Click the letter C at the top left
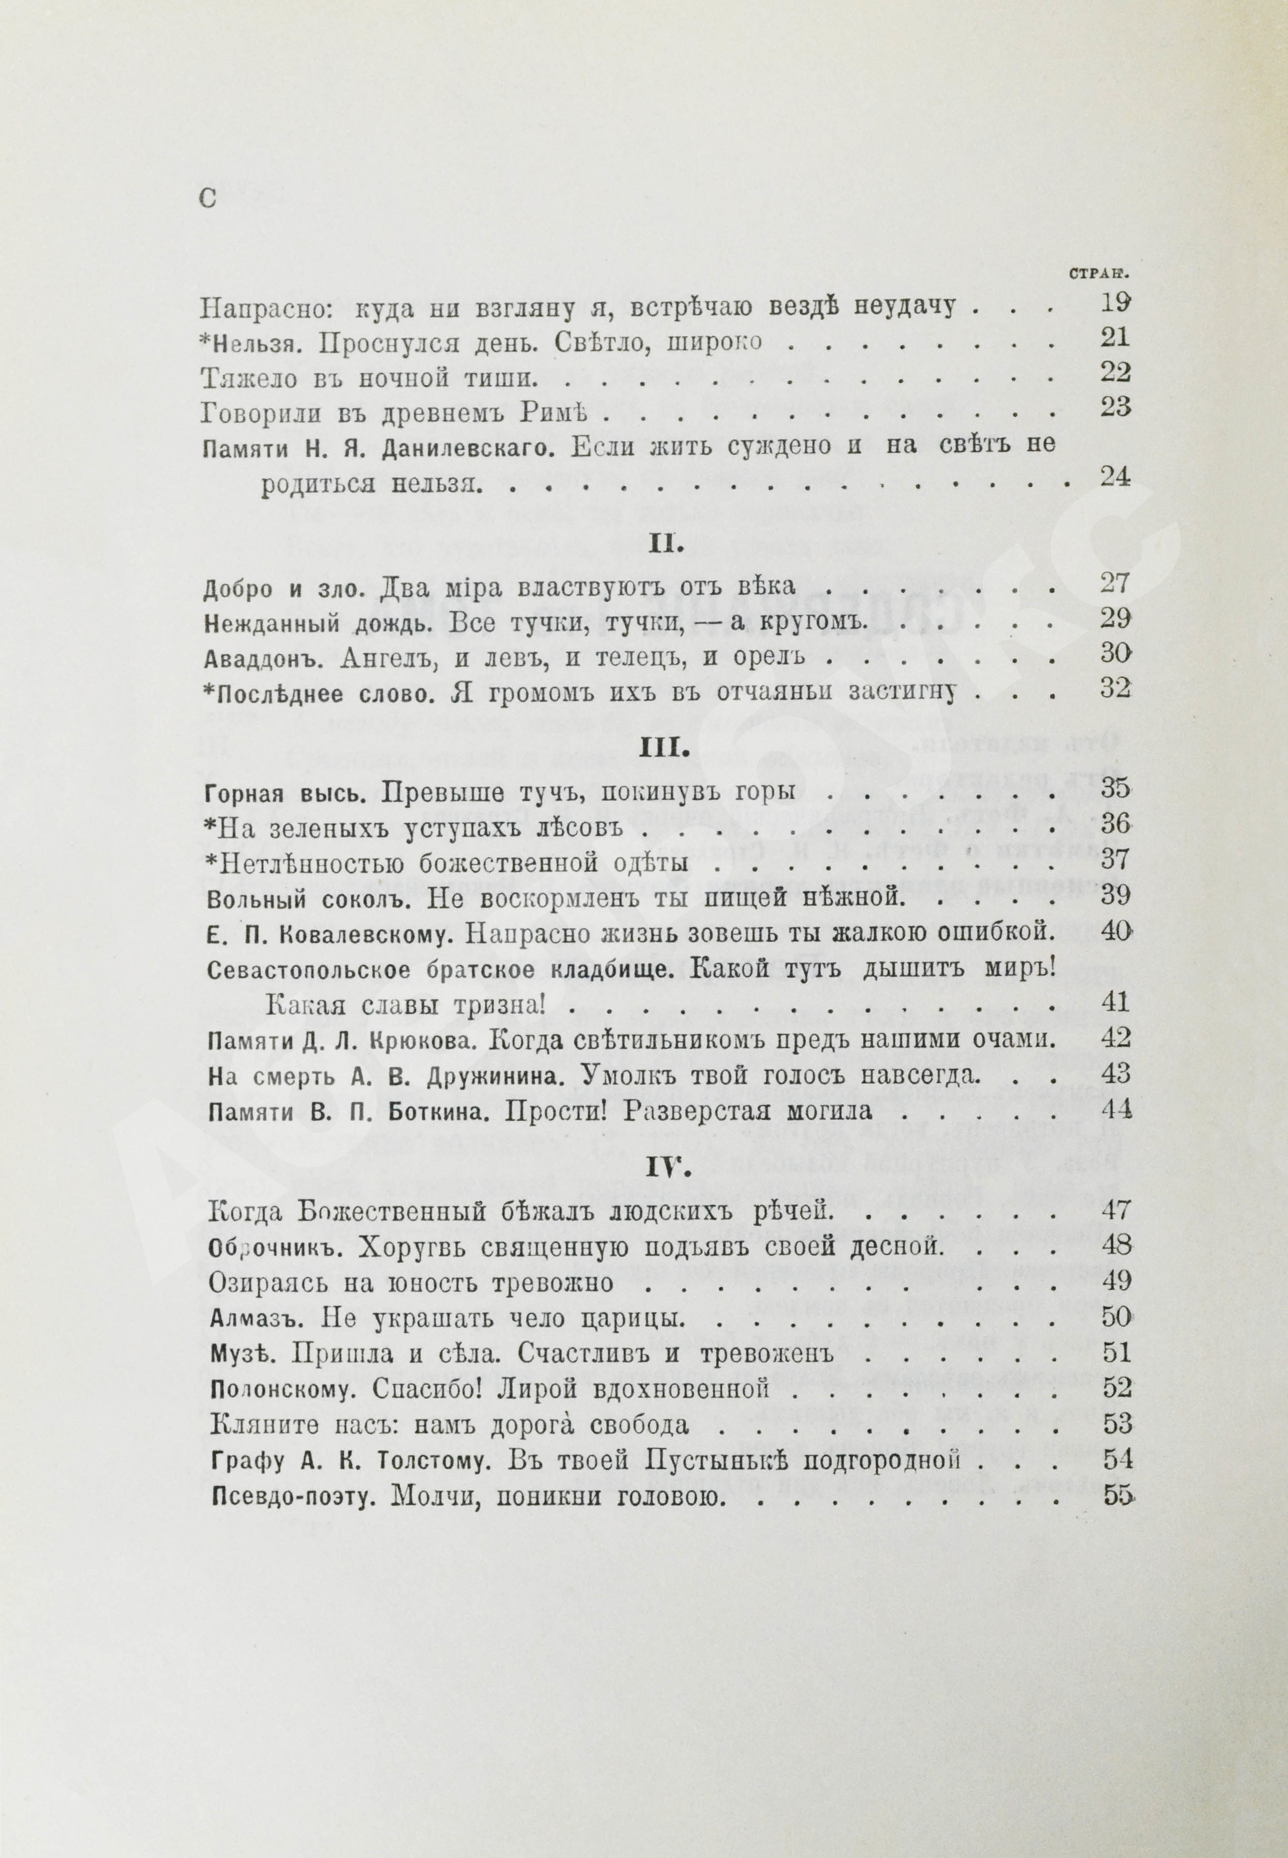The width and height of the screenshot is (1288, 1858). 208,199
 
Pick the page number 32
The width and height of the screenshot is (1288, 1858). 1115,692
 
